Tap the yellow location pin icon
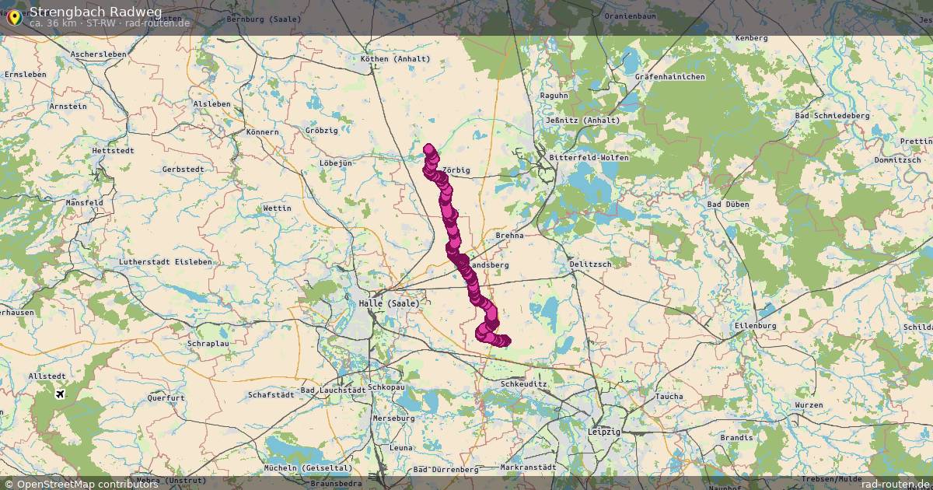click(14, 16)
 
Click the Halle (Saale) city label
click(389, 303)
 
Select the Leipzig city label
click(603, 431)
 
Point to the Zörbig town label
click(456, 170)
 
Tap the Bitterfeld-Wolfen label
click(589, 157)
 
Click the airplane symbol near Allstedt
click(60, 393)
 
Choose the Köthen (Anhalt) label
click(396, 59)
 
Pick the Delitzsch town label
click(590, 264)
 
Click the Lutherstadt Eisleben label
click(165, 262)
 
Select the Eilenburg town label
click(755, 325)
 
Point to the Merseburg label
click(394, 418)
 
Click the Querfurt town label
click(166, 397)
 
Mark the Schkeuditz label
click(525, 384)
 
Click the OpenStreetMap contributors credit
click(82, 484)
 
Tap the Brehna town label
click(509, 235)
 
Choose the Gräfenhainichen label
click(669, 77)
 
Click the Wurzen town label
click(809, 405)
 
